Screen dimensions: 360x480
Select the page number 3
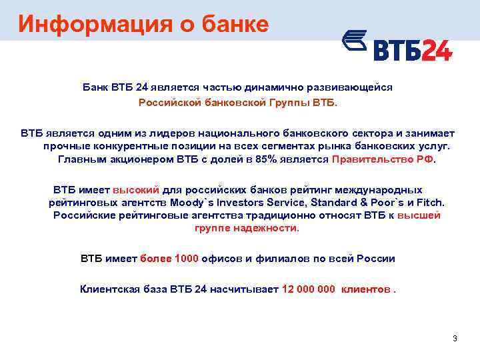[455, 339]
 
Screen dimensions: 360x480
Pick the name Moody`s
[192, 203]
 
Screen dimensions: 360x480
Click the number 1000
[186, 259]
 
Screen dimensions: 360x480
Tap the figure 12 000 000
[309, 289]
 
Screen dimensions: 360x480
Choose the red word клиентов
[365, 289]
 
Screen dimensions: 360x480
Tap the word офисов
[221, 259]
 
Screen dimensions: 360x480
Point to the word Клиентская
[109, 289]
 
